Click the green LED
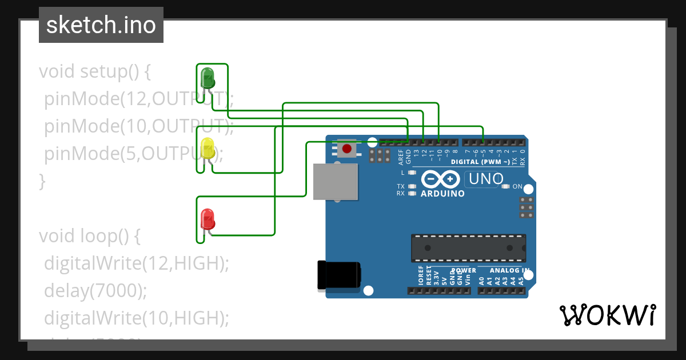(x=207, y=78)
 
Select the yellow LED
(x=207, y=148)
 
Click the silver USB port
(x=336, y=182)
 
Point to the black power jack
(x=338, y=275)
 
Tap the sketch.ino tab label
(x=101, y=25)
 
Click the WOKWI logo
(x=607, y=315)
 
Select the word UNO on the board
(x=485, y=179)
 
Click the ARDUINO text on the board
(x=442, y=193)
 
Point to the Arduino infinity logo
(x=441, y=179)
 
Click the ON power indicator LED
(x=505, y=186)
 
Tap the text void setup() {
(x=94, y=72)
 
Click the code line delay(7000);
(x=95, y=291)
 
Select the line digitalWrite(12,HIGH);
(x=136, y=263)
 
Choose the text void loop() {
(x=89, y=236)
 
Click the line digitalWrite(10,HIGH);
(x=136, y=318)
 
